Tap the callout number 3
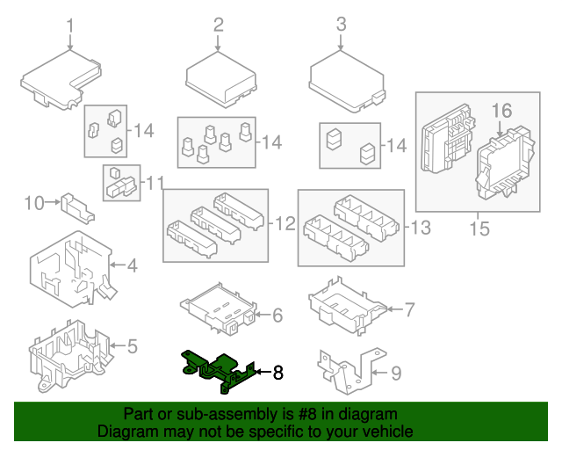pyautogui.click(x=342, y=25)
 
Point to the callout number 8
pyautogui.click(x=278, y=373)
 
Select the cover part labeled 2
pyautogui.click(x=220, y=76)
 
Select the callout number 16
pyautogui.click(x=501, y=111)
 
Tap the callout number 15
pyautogui.click(x=478, y=230)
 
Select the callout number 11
pyautogui.click(x=155, y=183)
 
